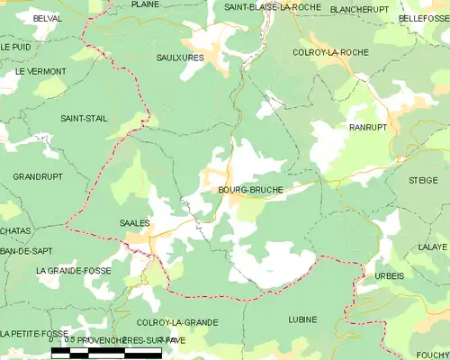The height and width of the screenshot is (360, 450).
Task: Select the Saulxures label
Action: [180, 58]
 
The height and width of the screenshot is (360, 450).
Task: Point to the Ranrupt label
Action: [367, 128]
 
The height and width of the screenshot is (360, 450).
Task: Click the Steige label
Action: [423, 181]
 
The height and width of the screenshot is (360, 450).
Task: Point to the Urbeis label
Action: [389, 275]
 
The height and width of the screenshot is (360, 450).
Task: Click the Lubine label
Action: [302, 319]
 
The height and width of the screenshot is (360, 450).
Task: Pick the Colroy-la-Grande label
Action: [177, 321]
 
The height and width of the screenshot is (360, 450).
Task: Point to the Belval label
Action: [46, 18]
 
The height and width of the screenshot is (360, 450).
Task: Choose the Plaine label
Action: [145, 4]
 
